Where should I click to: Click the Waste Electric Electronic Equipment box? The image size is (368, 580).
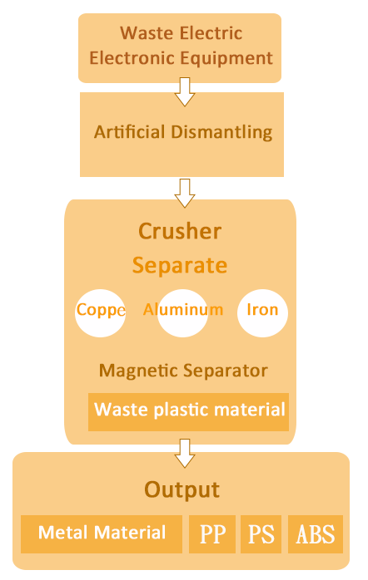180,48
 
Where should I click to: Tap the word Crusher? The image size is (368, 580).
180,231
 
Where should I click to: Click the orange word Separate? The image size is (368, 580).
180,266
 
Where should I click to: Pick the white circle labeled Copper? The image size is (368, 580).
101,313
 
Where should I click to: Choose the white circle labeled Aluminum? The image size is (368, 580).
182,313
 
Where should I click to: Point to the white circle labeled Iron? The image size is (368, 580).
262,313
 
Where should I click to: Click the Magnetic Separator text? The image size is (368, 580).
183,371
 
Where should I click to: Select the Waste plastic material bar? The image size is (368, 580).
188,411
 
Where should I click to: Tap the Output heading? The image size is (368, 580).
182,490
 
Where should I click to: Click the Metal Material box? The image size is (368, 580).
102,534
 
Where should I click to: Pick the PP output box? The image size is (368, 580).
212,534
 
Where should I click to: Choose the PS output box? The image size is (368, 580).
261,534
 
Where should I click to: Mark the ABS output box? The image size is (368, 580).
316,534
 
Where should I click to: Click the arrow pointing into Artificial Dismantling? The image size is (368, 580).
185,91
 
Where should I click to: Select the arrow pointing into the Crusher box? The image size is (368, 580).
185,193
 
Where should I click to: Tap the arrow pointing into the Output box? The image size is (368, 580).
185,453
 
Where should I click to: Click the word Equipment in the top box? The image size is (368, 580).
226,59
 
